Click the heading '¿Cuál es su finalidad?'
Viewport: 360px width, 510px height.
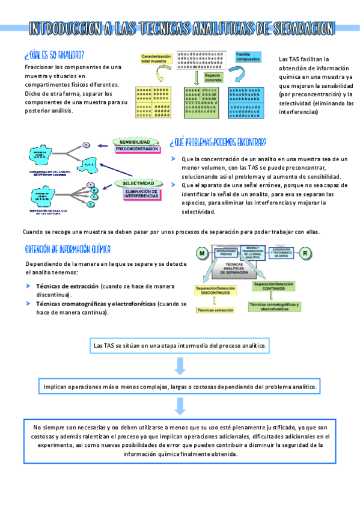[x=54, y=54]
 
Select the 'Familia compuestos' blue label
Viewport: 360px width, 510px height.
[x=248, y=57]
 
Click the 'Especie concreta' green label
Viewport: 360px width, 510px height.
[x=213, y=78]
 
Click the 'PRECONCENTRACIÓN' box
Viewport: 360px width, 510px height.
[x=137, y=149]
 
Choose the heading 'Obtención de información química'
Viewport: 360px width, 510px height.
[x=67, y=249]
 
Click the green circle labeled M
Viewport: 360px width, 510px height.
[x=203, y=253]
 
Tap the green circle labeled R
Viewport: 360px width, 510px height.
[x=305, y=253]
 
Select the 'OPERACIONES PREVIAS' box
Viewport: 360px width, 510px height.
[x=226, y=253]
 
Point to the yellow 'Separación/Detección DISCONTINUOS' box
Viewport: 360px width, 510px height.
[x=215, y=292]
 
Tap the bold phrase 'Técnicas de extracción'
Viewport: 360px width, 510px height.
[x=67, y=286]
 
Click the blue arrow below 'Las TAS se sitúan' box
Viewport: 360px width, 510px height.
[x=179, y=365]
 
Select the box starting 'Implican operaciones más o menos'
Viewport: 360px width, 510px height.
[x=180, y=387]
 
